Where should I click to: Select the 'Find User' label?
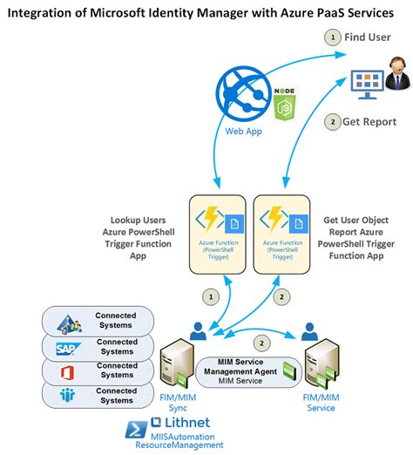[368, 37]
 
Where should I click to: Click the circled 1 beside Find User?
[330, 37]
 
